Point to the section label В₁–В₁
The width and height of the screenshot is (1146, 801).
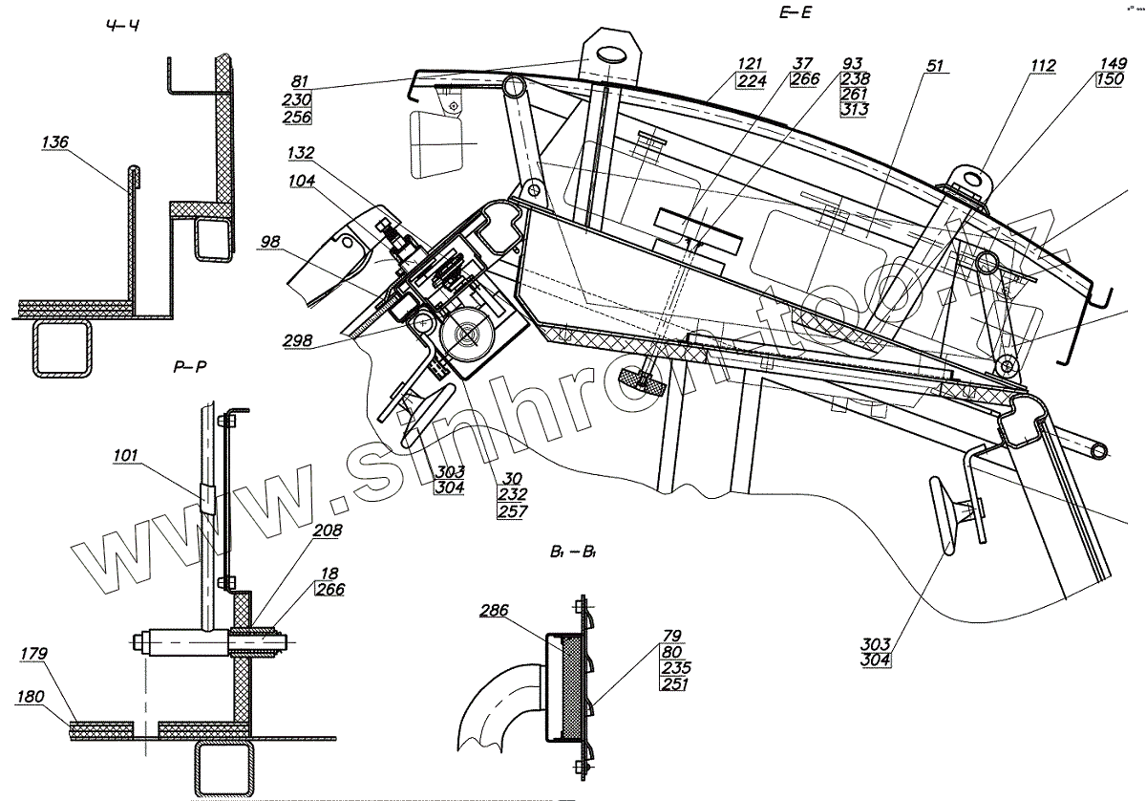(573, 551)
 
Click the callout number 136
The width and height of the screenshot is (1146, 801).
(55, 142)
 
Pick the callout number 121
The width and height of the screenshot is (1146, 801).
(749, 64)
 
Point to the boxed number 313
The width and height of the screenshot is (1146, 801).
(853, 111)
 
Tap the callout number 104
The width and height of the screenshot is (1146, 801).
(304, 179)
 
